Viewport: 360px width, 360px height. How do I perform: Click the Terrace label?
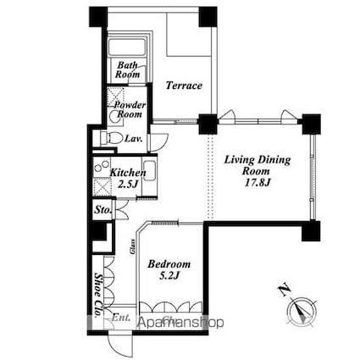(x=183, y=86)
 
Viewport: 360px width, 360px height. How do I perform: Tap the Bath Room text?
(x=127, y=69)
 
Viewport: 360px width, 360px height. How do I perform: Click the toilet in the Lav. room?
(x=106, y=137)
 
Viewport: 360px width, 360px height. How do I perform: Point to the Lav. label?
(x=133, y=138)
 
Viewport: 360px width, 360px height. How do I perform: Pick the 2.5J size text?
(x=129, y=184)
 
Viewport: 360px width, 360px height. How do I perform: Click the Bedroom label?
(x=169, y=263)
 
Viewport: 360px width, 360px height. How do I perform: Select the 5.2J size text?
(x=169, y=276)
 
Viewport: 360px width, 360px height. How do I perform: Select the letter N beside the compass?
(x=283, y=294)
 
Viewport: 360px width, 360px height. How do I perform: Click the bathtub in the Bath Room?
(x=126, y=47)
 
